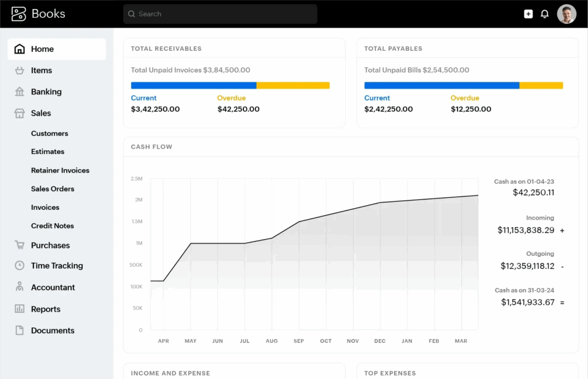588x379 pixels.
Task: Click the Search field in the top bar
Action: point(220,14)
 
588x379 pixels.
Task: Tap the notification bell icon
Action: point(545,14)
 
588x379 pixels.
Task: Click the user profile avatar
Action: point(566,14)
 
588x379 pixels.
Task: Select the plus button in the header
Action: point(528,14)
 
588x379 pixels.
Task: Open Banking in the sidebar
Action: point(46,92)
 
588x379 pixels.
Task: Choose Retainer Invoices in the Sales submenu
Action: point(60,170)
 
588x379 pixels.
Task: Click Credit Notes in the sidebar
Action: point(52,226)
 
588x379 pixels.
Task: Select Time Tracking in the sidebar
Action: point(57,266)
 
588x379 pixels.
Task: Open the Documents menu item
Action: point(52,331)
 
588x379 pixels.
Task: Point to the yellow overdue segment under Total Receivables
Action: point(293,86)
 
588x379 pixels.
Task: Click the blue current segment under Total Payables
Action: point(442,86)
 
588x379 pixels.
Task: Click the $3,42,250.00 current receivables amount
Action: point(155,109)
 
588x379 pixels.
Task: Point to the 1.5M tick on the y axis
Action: point(137,221)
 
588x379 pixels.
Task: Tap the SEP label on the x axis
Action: point(299,341)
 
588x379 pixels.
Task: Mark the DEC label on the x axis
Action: point(380,341)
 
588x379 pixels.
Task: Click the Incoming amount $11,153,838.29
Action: point(525,230)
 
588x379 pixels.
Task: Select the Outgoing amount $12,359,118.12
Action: point(527,266)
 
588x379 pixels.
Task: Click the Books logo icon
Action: point(19,14)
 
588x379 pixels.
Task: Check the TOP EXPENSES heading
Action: point(390,373)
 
